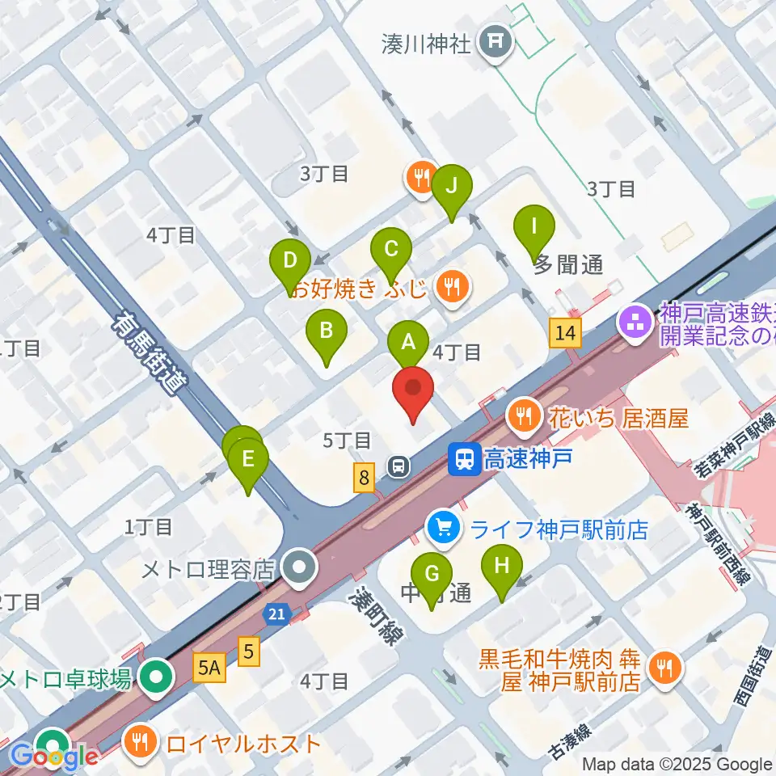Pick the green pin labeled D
tap(290, 263)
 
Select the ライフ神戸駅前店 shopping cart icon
tap(443, 529)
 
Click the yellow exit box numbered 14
tap(565, 332)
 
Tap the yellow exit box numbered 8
tap(364, 478)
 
